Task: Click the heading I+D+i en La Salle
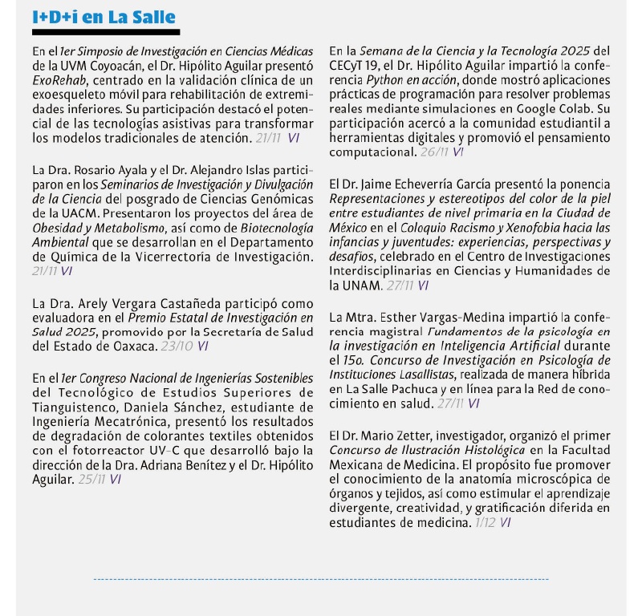pyautogui.click(x=104, y=17)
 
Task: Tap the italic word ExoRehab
pyautogui.click(x=57, y=81)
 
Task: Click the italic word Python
pyautogui.click(x=384, y=81)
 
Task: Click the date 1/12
pyautogui.click(x=484, y=521)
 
